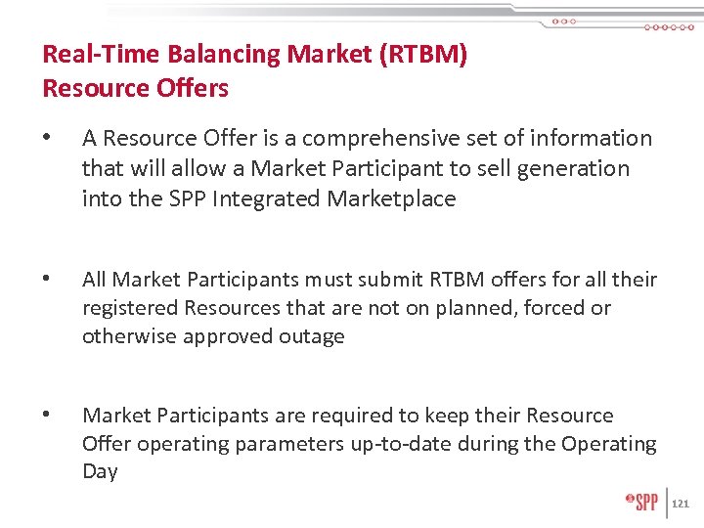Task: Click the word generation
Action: pyautogui.click(x=573, y=169)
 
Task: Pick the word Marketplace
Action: pyautogui.click(x=391, y=199)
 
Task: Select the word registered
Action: pyautogui.click(x=127, y=308)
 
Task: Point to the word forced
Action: pyautogui.click(x=555, y=308)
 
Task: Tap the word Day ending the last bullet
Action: pyautogui.click(x=100, y=471)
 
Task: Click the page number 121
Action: pyautogui.click(x=682, y=504)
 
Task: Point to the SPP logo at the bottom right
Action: pyautogui.click(x=642, y=503)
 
